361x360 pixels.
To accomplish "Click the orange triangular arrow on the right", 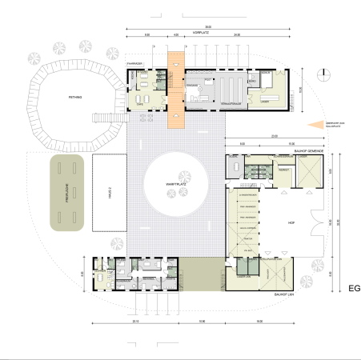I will point(318,124).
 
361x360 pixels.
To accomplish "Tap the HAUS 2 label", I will point(109,193).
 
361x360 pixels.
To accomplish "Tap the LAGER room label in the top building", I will point(265,98).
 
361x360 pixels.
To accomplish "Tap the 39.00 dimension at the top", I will point(207,27).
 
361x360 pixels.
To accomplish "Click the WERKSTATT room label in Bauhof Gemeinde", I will point(283,170).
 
